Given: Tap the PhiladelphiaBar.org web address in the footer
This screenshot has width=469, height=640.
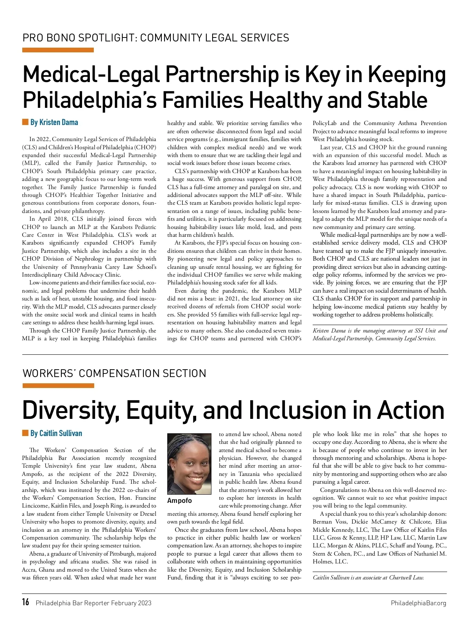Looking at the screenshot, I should click(x=418, y=603).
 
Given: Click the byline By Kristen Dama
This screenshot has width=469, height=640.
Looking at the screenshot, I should click(x=54, y=122).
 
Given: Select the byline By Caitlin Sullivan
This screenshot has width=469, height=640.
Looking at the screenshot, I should click(x=56, y=433).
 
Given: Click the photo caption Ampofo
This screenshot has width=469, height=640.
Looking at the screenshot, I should click(x=179, y=501).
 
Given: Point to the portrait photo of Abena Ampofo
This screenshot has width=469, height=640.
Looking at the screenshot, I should click(x=189, y=464).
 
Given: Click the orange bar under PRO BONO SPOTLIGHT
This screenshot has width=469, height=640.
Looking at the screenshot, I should click(x=58, y=50).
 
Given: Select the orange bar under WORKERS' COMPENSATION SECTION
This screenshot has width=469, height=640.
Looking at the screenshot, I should click(x=58, y=386).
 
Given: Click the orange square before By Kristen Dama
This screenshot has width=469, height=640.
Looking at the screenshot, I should click(x=25, y=122).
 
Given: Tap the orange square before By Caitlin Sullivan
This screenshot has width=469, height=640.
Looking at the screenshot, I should click(x=25, y=433).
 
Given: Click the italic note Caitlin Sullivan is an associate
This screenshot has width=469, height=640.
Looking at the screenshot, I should click(x=368, y=577).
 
